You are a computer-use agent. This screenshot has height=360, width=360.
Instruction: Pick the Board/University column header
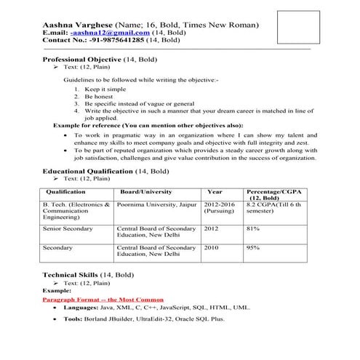[146, 193]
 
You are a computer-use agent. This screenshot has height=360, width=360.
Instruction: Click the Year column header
[215, 193]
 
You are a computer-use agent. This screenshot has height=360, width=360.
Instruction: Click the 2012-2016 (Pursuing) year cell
[219, 209]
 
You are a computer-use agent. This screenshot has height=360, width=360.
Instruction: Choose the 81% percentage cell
[253, 229]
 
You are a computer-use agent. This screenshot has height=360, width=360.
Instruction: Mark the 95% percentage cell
[253, 248]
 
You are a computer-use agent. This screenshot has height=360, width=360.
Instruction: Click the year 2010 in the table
[212, 248]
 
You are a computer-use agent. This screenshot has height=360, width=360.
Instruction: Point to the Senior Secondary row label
[68, 229]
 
